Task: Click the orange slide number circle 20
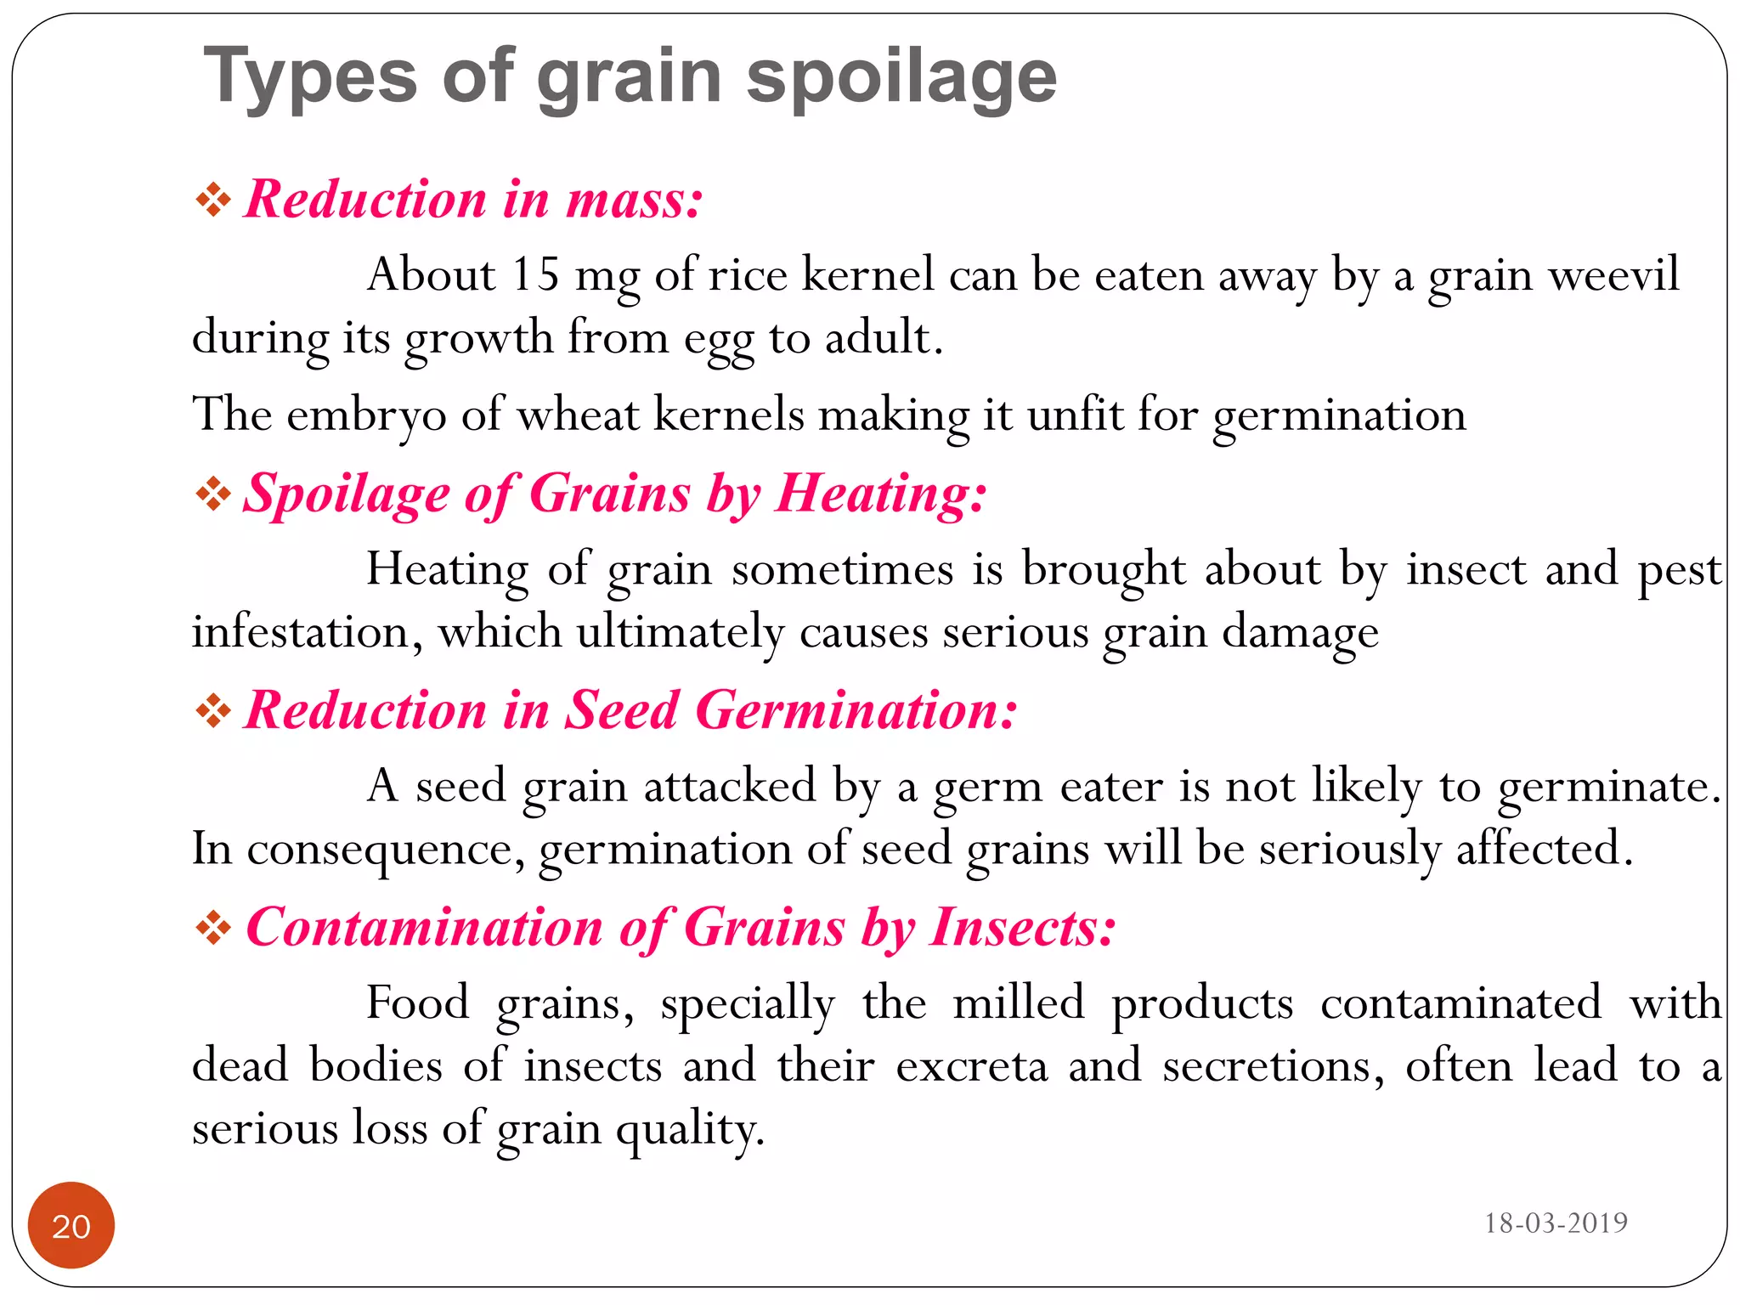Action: (71, 1225)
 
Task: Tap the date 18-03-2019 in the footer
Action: (1555, 1223)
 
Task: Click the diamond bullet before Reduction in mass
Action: (212, 201)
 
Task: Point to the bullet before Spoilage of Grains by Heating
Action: (212, 494)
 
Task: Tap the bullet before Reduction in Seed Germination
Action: (212, 710)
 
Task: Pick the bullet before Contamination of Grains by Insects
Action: (212, 928)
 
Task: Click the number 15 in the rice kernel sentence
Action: (535, 275)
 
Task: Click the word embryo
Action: (366, 416)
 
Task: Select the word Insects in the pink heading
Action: (1023, 927)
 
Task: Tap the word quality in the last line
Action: (689, 1130)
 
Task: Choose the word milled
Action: (1019, 1003)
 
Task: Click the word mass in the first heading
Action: (634, 201)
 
